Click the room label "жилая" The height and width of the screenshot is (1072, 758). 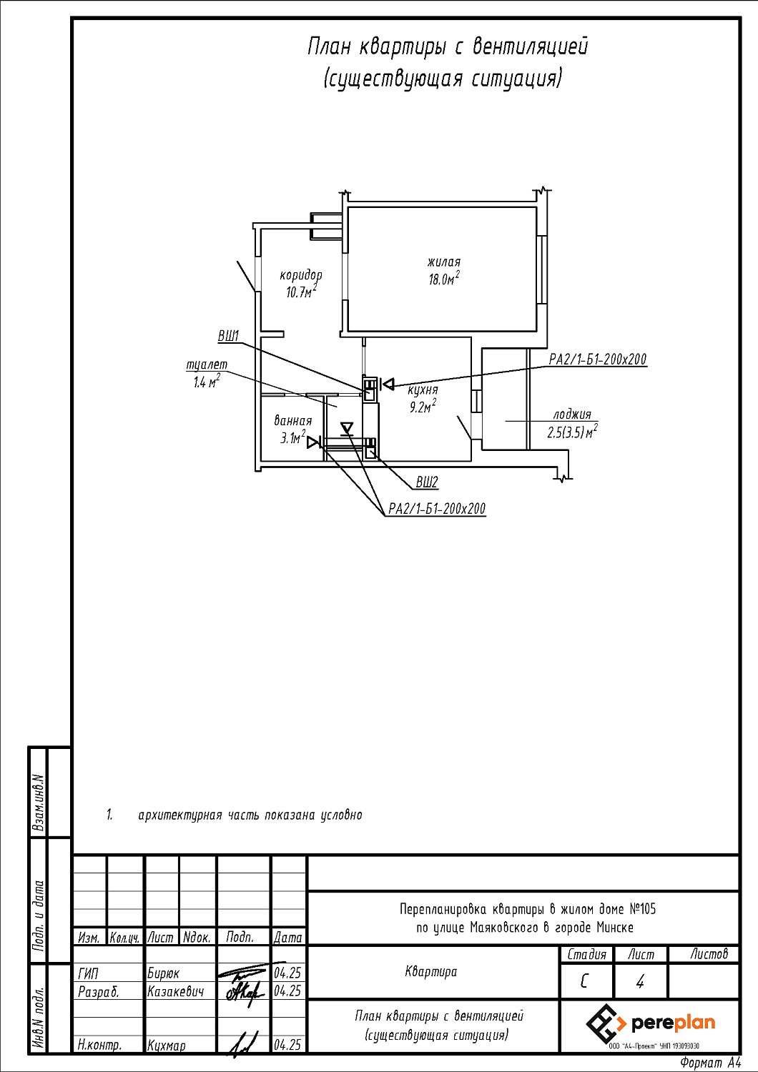click(x=444, y=262)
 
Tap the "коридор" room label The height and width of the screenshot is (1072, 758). click(x=301, y=275)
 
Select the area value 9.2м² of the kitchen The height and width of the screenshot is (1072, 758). click(x=423, y=407)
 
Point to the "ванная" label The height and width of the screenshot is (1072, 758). click(x=292, y=421)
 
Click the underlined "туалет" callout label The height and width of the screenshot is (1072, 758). click(x=207, y=364)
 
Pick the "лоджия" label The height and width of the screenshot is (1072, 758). click(x=572, y=415)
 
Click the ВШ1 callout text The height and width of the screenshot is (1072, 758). click(x=228, y=337)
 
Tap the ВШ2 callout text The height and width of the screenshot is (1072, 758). click(x=427, y=482)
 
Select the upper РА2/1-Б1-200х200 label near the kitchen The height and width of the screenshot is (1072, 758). click(x=598, y=359)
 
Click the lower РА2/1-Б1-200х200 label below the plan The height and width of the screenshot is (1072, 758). click(x=437, y=509)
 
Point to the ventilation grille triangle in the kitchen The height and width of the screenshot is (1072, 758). click(x=388, y=383)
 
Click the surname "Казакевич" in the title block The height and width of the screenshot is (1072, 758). click(x=175, y=992)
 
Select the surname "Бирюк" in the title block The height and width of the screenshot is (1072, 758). click(x=163, y=973)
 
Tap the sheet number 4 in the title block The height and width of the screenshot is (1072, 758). click(x=640, y=982)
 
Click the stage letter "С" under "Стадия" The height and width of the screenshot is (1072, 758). click(x=584, y=982)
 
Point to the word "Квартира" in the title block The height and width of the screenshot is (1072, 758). click(x=431, y=971)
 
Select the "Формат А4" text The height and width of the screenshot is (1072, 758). click(x=711, y=1063)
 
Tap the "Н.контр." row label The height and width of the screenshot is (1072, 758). click(x=99, y=1046)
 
